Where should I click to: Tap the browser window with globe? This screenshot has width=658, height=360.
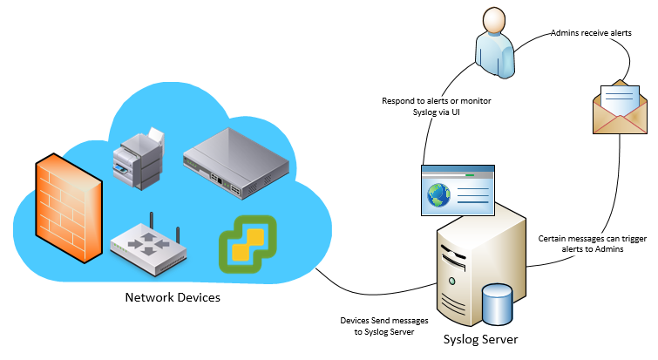point(457,189)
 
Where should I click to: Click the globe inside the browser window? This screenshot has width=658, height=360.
point(438,195)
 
